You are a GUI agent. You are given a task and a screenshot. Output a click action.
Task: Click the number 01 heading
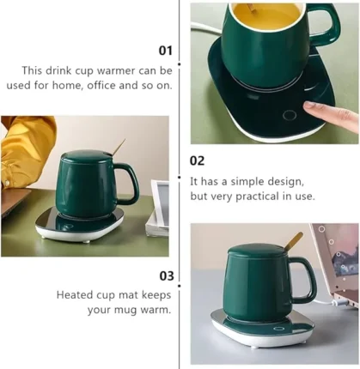pos(166,51)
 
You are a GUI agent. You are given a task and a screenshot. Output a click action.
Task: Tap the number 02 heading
pos(197,160)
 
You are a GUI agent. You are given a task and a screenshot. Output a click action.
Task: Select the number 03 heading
pos(167,276)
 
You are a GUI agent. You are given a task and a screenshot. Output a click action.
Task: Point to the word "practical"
pos(257,197)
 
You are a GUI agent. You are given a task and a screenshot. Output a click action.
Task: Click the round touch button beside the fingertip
pos(290,116)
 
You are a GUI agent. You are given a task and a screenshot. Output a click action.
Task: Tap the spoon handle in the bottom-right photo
pos(293,241)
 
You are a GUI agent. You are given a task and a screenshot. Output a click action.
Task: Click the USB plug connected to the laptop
pos(339,303)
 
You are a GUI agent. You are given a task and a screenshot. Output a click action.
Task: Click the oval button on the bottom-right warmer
pos(278,329)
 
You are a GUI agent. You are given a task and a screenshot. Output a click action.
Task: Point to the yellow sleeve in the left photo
pos(27,148)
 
